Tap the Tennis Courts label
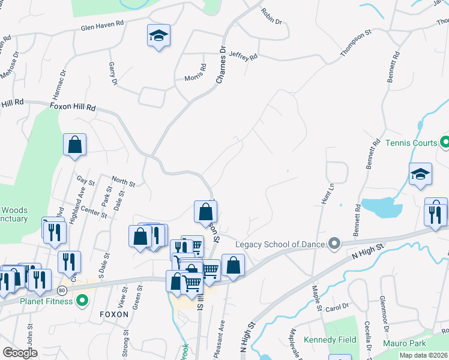click(411, 143)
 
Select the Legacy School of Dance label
click(280, 244)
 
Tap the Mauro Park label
click(405, 343)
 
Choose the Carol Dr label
click(337, 307)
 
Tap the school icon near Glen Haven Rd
click(158, 37)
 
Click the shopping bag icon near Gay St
click(74, 145)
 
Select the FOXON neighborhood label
click(114, 314)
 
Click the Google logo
click(20, 353)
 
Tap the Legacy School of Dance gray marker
click(334, 244)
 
